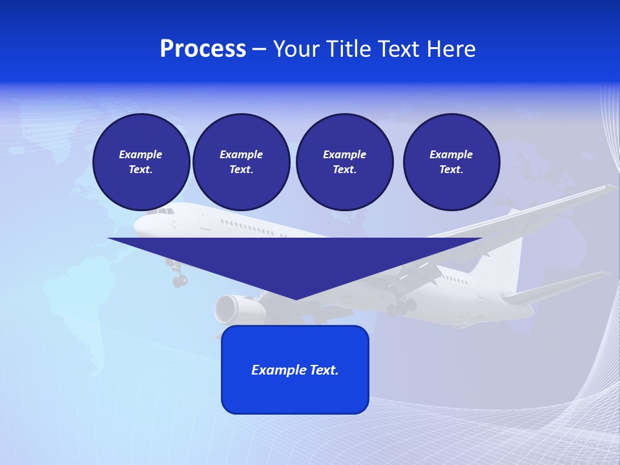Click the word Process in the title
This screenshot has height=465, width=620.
coord(203,49)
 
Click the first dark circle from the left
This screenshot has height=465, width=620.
coord(141,162)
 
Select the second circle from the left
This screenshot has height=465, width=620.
coord(241,162)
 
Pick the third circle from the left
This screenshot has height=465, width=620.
coord(344,162)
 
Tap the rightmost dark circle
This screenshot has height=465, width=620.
coord(451,162)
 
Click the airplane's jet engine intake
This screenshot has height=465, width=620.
coord(226,309)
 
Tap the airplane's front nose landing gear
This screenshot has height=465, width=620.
coord(179,280)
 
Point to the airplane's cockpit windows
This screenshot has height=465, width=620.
coord(165,211)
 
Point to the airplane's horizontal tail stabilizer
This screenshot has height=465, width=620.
coord(555,288)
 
